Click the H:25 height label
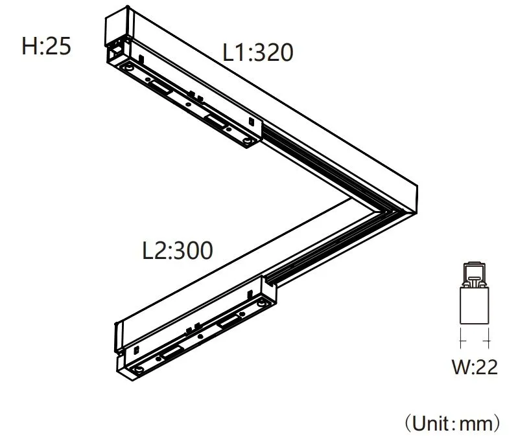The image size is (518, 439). point(46,47)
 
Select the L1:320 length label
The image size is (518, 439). point(258,52)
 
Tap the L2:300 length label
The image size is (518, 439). point(177,251)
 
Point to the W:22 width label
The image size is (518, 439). point(475,368)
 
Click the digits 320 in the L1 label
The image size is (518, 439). point(272,52)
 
